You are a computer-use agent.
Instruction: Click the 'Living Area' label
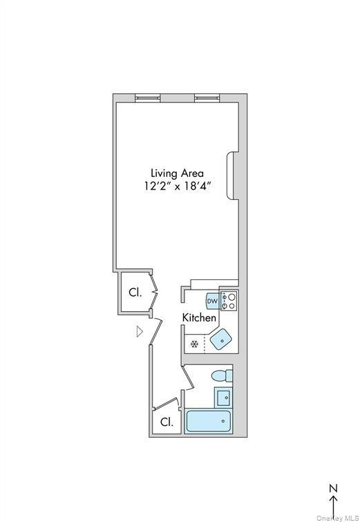click(178, 173)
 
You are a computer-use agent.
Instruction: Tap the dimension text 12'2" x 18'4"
click(178, 186)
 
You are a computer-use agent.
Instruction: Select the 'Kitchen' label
click(200, 317)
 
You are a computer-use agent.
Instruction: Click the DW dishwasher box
click(212, 301)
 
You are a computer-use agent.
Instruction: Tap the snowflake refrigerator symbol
click(194, 343)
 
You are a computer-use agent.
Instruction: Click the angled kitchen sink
click(221, 339)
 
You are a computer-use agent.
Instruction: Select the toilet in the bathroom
click(221, 377)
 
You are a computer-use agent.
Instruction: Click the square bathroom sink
click(223, 397)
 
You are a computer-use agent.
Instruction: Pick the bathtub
click(209, 421)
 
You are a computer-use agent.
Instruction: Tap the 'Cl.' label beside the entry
click(135, 292)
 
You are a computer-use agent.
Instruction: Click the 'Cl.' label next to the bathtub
click(167, 422)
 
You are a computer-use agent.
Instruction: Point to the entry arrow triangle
click(140, 332)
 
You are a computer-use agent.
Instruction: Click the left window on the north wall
click(147, 97)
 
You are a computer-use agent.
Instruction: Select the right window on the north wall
click(207, 97)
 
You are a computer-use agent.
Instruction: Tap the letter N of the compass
click(333, 488)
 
